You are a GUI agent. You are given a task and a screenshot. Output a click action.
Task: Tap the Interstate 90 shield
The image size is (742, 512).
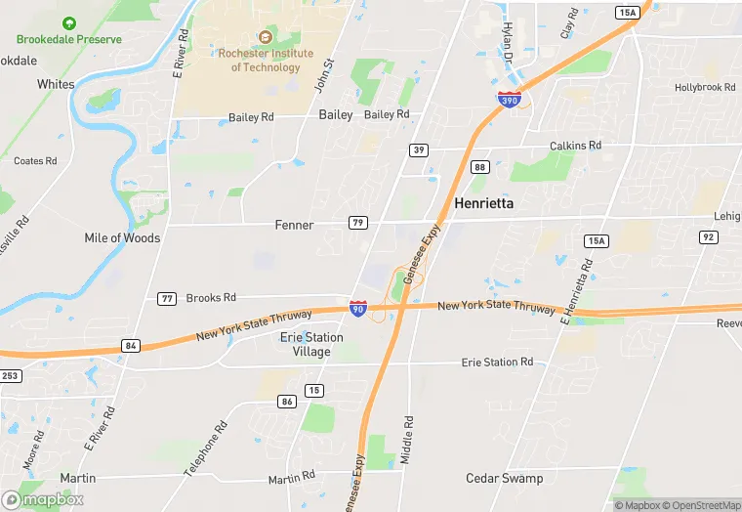[x=359, y=307]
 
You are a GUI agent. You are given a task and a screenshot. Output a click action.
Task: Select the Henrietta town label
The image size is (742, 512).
[x=484, y=203]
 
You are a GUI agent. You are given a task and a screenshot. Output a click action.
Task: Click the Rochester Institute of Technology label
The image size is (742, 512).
[x=266, y=60]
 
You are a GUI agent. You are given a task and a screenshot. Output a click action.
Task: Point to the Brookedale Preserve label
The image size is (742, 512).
[x=69, y=39]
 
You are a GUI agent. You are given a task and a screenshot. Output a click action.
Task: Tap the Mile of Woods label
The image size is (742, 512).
[x=122, y=237]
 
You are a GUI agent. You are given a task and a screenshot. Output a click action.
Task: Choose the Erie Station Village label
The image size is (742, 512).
[x=311, y=344]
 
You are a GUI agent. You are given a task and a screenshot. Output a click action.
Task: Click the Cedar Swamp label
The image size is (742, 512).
[x=505, y=478]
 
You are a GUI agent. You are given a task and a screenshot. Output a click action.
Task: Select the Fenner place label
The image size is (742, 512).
[x=294, y=225]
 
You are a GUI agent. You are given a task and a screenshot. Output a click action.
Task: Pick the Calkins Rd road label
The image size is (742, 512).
[x=575, y=146]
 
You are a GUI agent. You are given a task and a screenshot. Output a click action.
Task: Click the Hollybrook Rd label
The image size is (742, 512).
[x=705, y=88]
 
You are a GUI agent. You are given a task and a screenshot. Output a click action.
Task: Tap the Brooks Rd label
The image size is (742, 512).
[x=211, y=297]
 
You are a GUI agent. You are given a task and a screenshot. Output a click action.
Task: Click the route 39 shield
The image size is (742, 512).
[x=418, y=149]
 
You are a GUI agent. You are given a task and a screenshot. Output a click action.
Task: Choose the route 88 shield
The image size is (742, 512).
[x=479, y=167]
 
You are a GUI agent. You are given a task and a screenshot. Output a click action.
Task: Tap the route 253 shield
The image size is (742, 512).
[x=10, y=376]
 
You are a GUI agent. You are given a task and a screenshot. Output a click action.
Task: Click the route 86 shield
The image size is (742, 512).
[x=287, y=401]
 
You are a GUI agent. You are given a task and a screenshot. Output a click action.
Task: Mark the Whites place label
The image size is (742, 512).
[x=56, y=84]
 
